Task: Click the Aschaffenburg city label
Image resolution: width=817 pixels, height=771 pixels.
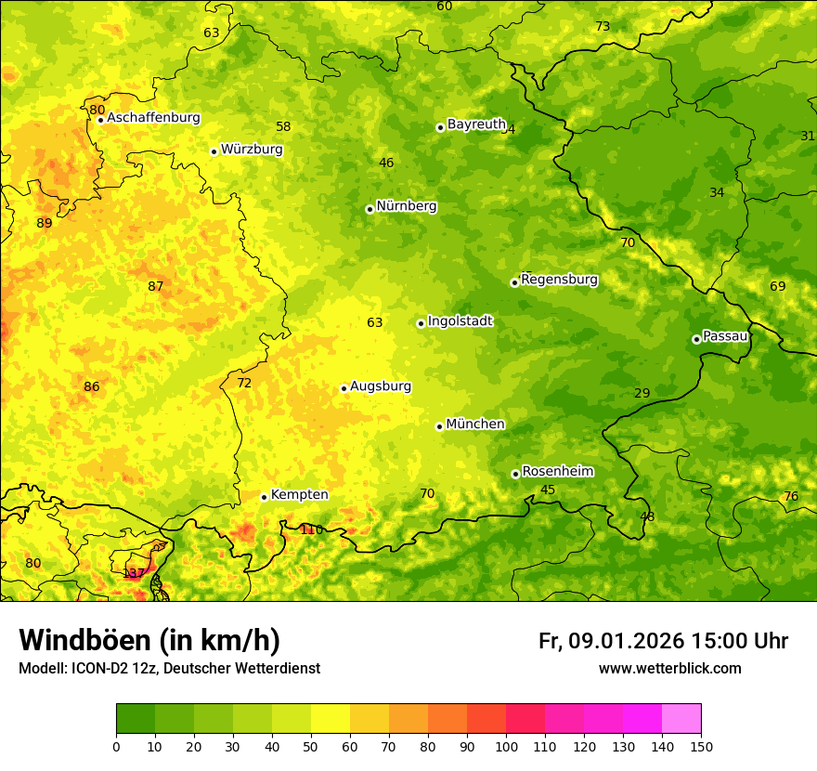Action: tap(153, 118)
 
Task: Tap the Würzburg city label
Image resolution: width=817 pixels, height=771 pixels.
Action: tap(252, 150)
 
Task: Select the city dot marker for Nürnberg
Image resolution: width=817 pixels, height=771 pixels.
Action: tap(370, 209)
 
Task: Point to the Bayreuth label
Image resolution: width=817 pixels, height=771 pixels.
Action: tap(476, 124)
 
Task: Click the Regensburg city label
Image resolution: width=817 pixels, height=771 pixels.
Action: tap(560, 280)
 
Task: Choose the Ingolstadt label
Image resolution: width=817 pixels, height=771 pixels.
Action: tap(460, 321)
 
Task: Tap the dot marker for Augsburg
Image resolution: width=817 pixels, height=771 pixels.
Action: tap(344, 388)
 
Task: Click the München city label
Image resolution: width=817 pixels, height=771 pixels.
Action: tap(475, 425)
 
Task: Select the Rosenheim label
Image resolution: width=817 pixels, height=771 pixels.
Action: tap(557, 472)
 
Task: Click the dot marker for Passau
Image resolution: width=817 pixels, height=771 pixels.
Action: tap(696, 339)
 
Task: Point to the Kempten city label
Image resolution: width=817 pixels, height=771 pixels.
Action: tap(299, 495)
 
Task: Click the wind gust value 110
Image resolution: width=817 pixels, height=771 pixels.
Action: tap(312, 529)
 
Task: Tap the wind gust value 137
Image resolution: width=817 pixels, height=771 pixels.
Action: tap(134, 573)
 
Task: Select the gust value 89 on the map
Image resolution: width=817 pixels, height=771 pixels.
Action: tap(45, 223)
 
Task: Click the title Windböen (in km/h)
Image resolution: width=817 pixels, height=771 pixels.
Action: tap(149, 640)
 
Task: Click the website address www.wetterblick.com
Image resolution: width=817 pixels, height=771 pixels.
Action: tap(669, 669)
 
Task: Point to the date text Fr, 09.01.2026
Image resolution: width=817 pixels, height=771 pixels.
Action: tap(611, 641)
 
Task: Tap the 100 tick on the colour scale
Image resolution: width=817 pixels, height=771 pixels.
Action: tap(506, 746)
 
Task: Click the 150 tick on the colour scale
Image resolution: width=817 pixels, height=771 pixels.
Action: tap(701, 746)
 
